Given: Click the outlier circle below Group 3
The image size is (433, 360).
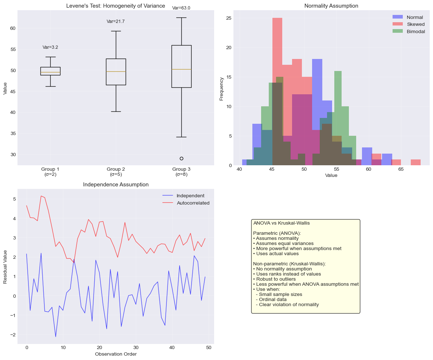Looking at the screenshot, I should click(181, 158).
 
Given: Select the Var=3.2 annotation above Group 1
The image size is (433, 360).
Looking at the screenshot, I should click(50, 47).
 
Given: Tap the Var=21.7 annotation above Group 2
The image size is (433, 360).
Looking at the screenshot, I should click(116, 21).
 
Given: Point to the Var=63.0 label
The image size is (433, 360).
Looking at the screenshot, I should click(181, 8).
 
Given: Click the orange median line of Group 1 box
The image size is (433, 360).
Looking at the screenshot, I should click(50, 72).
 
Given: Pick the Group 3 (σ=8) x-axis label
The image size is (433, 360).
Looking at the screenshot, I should click(181, 172).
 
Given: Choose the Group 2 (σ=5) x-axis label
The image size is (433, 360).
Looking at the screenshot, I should click(116, 172).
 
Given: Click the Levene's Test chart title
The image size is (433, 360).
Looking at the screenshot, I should click(116, 6).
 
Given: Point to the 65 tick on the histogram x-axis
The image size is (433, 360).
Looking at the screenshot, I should click(401, 170).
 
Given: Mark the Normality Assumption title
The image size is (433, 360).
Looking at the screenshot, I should click(331, 6).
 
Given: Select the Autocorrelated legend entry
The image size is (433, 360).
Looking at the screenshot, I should click(193, 203).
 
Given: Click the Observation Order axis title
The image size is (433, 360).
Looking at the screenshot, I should click(116, 354).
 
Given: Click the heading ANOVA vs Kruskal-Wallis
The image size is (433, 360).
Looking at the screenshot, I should click(282, 223).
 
